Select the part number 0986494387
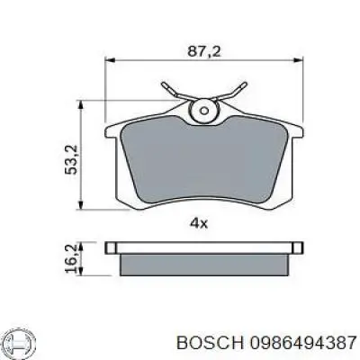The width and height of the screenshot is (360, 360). click(x=282, y=343)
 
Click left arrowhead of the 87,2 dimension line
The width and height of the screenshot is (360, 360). click(x=111, y=59)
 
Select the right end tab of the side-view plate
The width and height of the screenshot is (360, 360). click(x=292, y=246)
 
